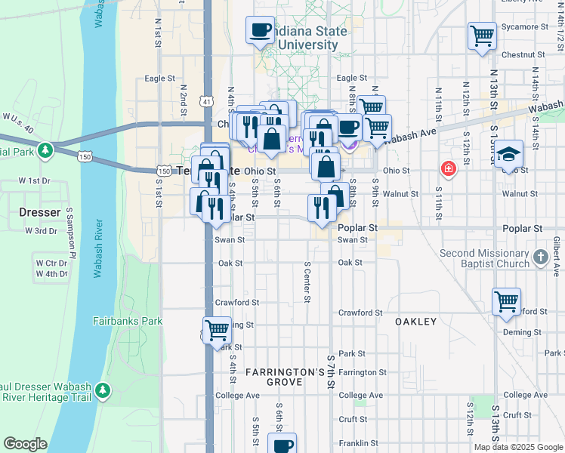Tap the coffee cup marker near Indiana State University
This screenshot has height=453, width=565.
pyautogui.click(x=260, y=31)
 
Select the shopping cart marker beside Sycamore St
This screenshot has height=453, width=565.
pyautogui.click(x=481, y=35)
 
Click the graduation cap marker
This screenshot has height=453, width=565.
pyautogui.click(x=509, y=153)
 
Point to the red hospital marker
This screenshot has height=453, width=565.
pyautogui.click(x=449, y=168)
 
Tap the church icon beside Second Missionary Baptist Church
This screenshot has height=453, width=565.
pyautogui.click(x=540, y=257)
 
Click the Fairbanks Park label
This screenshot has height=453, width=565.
pyautogui.click(x=128, y=321)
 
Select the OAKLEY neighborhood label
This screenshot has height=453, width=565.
pyautogui.click(x=416, y=322)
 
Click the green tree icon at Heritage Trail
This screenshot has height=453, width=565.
pyautogui.click(x=102, y=390)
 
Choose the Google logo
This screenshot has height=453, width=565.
pyautogui.click(x=25, y=444)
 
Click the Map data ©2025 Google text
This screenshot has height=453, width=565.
pyautogui.click(x=518, y=447)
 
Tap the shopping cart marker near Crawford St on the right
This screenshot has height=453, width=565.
pyautogui.click(x=506, y=301)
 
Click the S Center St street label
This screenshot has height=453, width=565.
pyautogui.click(x=307, y=281)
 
